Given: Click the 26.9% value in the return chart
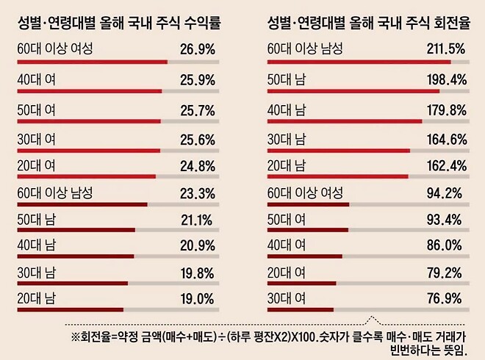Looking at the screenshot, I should point(196,52).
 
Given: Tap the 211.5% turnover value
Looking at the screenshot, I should point(446,52).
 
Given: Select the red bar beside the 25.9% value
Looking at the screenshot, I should point(88,91).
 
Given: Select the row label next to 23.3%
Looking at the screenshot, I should point(55,193).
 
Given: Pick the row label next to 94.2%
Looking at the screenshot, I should point(305,193).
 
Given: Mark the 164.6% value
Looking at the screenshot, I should point(446,137).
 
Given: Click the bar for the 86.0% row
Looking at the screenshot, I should point(304,257).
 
